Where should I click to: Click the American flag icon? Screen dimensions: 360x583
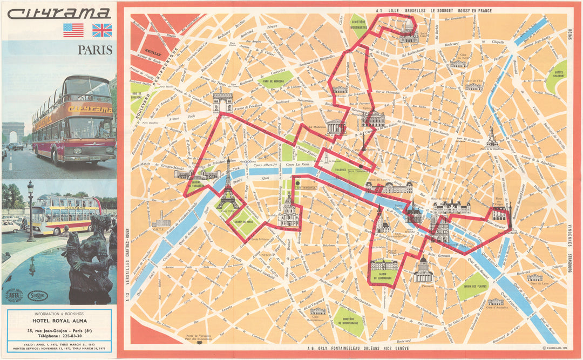(73, 30)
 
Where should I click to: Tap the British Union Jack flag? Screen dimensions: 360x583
(102, 30)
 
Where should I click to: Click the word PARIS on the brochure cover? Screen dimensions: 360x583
(95, 50)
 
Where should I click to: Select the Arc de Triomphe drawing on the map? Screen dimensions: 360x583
(222, 103)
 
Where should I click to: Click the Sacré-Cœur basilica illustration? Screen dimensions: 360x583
(408, 31)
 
